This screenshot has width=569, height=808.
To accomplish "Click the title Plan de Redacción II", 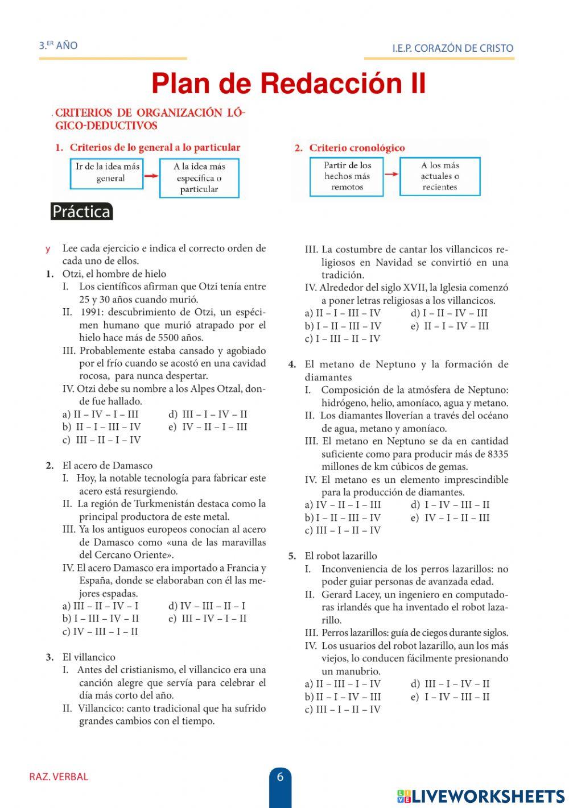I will (x=288, y=84).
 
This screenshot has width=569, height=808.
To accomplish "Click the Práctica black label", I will (x=81, y=212).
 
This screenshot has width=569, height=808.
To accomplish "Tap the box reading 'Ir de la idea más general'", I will (x=106, y=173).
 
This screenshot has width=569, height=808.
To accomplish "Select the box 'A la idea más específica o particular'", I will (x=199, y=178).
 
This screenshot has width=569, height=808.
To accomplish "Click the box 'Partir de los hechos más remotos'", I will (x=347, y=176).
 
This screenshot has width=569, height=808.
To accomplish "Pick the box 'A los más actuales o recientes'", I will (x=440, y=176).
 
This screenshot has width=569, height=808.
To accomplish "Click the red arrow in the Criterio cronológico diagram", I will (x=391, y=174).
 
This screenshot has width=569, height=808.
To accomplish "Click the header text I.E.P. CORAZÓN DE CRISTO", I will (x=452, y=48).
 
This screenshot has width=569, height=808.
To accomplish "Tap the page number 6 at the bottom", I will (x=280, y=777).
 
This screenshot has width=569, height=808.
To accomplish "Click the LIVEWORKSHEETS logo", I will (x=481, y=795).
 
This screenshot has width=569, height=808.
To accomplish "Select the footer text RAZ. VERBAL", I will (x=59, y=777).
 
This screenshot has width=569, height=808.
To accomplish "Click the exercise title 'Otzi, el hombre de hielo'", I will (x=114, y=274).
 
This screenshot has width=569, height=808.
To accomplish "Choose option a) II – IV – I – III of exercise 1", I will (x=101, y=415).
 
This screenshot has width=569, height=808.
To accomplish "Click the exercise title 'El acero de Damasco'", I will (x=108, y=466).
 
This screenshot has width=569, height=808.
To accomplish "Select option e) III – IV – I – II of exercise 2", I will (x=208, y=619).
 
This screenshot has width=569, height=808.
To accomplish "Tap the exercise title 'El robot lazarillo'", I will (x=341, y=556).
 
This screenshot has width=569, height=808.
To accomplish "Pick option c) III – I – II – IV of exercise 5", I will (x=343, y=710).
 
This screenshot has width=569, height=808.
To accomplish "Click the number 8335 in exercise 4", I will (x=498, y=454).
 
